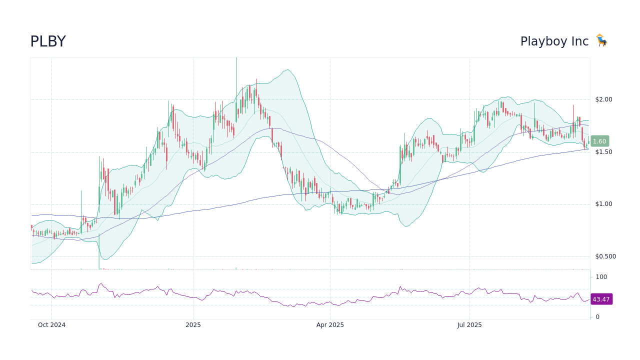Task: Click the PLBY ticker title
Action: [48, 41]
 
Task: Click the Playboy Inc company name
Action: [554, 41]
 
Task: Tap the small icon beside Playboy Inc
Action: [601, 40]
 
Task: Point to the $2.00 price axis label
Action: [603, 99]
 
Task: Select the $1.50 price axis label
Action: [603, 152]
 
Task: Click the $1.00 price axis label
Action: [603, 204]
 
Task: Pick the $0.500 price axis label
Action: [605, 256]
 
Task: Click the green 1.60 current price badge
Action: [599, 141]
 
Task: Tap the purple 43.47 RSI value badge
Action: [601, 299]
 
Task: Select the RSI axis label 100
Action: [601, 277]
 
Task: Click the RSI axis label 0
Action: [597, 317]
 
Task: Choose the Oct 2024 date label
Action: [51, 325]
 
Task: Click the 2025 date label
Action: [193, 325]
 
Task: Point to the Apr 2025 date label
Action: [330, 325]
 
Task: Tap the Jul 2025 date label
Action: [469, 325]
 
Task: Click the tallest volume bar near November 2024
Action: [99, 252]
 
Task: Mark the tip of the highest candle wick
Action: [236, 58]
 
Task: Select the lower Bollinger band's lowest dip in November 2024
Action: [106, 259]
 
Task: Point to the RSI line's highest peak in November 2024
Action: [100, 283]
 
